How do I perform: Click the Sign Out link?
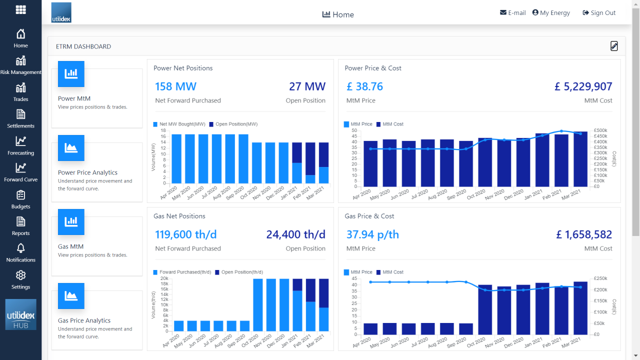point(599,13)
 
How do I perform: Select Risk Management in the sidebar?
point(20,65)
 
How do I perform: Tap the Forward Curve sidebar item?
point(20,172)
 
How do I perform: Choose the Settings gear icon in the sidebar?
point(20,275)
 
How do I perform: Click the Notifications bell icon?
point(20,248)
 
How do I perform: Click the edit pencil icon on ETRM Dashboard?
point(614,46)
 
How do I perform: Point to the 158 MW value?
point(175,86)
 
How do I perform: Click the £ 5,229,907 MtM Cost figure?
point(583,86)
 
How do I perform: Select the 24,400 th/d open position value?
point(295,234)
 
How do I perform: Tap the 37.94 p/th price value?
point(372,234)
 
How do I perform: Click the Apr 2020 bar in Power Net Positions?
point(176,159)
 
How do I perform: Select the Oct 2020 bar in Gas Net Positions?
point(258,305)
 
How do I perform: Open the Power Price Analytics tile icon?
point(71,148)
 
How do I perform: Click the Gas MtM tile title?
point(70,246)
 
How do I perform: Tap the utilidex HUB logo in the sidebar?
point(20,314)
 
